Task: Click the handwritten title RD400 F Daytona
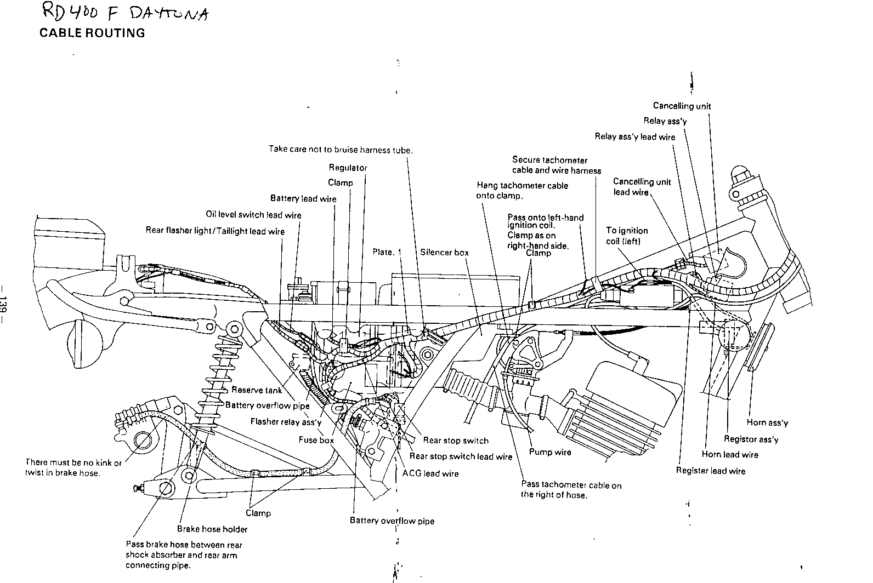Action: (124, 14)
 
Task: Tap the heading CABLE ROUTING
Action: (92, 33)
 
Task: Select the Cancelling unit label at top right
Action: (682, 106)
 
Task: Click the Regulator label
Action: (348, 168)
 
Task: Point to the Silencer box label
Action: (444, 253)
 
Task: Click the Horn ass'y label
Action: (767, 422)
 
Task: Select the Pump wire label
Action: (550, 452)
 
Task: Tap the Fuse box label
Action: (316, 440)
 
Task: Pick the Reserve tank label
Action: (257, 390)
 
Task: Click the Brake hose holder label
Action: (212, 529)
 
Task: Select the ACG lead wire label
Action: (430, 473)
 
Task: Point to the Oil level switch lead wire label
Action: (253, 215)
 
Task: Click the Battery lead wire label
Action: (303, 198)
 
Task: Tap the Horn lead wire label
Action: (730, 454)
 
